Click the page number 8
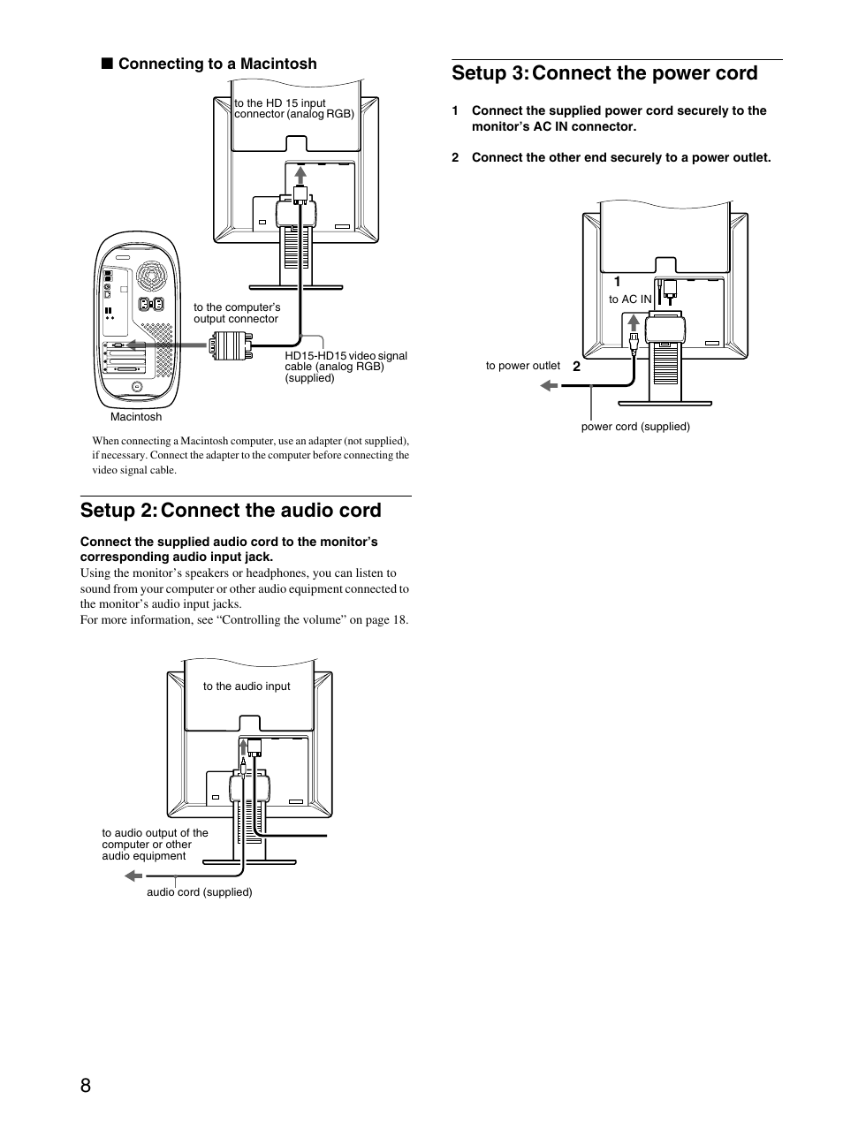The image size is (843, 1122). tap(85, 1086)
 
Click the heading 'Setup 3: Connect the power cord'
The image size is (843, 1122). tap(604, 73)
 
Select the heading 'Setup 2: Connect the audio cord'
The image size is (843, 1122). tap(231, 511)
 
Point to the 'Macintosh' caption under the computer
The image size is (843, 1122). tap(136, 417)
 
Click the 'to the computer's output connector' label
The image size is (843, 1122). tap(236, 313)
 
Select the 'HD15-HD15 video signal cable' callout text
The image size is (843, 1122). tap(346, 366)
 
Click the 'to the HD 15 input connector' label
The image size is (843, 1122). tap(293, 109)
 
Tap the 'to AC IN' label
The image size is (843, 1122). tap(629, 299)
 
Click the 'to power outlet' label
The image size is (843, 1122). tap(522, 366)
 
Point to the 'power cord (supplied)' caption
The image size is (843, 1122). tap(634, 427)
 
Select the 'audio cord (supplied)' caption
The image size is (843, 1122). tap(199, 892)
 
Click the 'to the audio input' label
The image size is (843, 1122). tap(247, 686)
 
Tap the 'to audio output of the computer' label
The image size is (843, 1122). tap(155, 845)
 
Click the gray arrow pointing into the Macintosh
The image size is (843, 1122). tap(141, 345)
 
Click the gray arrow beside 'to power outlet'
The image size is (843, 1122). tap(550, 385)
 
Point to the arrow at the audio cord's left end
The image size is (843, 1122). tap(133, 876)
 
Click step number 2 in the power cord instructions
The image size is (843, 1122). tap(455, 158)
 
